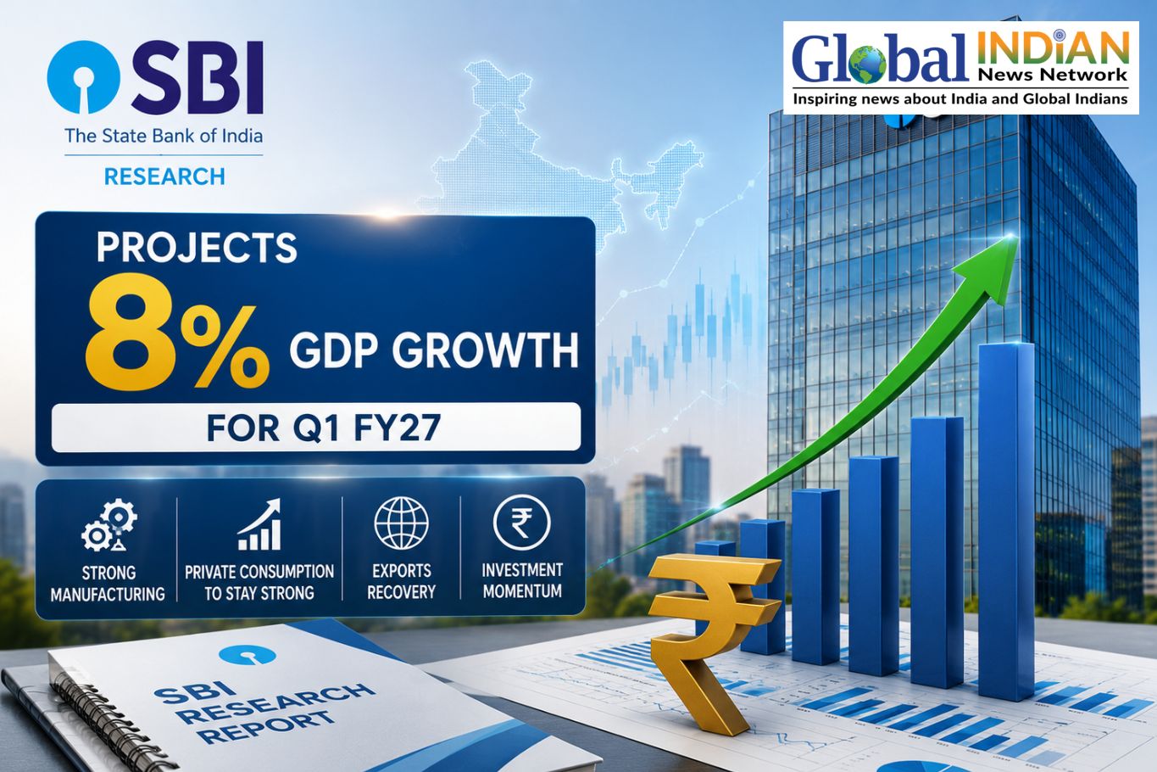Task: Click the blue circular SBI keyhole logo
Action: pyautogui.click(x=83, y=77)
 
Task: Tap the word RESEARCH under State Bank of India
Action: pyautogui.click(x=164, y=176)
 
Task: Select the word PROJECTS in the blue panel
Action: pyautogui.click(x=197, y=248)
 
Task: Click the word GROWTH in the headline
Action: pyautogui.click(x=485, y=350)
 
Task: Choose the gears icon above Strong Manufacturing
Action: pyautogui.click(x=109, y=525)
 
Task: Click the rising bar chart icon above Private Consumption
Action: pyautogui.click(x=259, y=524)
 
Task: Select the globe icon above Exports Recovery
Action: pyautogui.click(x=401, y=523)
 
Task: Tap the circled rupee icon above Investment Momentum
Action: pyautogui.click(x=521, y=523)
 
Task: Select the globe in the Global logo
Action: pyautogui.click(x=867, y=65)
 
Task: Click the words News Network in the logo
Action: pyautogui.click(x=1052, y=76)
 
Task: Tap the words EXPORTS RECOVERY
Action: pyautogui.click(x=401, y=581)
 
